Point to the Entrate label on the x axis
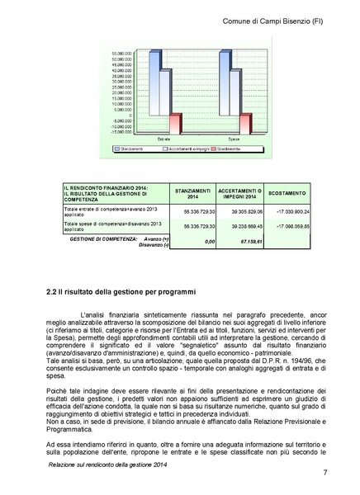(165, 140)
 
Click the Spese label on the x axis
(235, 140)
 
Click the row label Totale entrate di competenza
(99, 208)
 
